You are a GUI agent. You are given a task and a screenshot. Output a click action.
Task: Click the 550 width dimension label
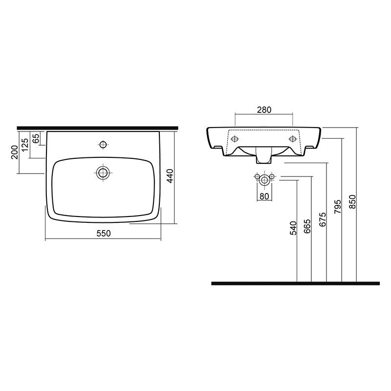click(104, 234)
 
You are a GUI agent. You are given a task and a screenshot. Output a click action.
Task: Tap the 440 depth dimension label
click(170, 176)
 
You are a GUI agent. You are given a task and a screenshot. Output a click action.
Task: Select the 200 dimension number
click(15, 152)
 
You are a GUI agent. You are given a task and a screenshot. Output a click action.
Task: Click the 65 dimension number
click(36, 138)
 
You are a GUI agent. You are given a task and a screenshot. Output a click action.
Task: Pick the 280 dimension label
click(264, 109)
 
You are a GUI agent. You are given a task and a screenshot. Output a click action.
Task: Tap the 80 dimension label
click(264, 196)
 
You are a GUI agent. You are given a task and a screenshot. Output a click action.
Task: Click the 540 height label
click(293, 228)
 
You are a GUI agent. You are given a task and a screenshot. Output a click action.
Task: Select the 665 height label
click(307, 226)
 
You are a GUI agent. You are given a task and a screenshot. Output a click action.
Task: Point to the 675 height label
click(323, 219)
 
